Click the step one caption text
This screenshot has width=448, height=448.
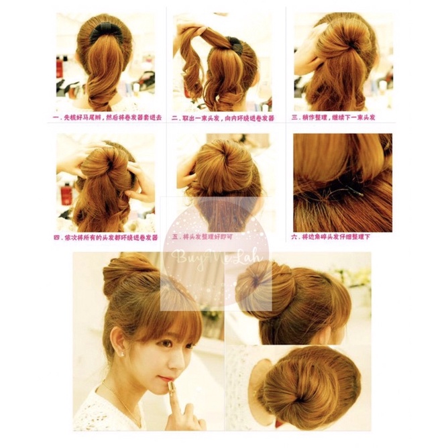click(x=106, y=117)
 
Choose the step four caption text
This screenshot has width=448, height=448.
click(x=105, y=237)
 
